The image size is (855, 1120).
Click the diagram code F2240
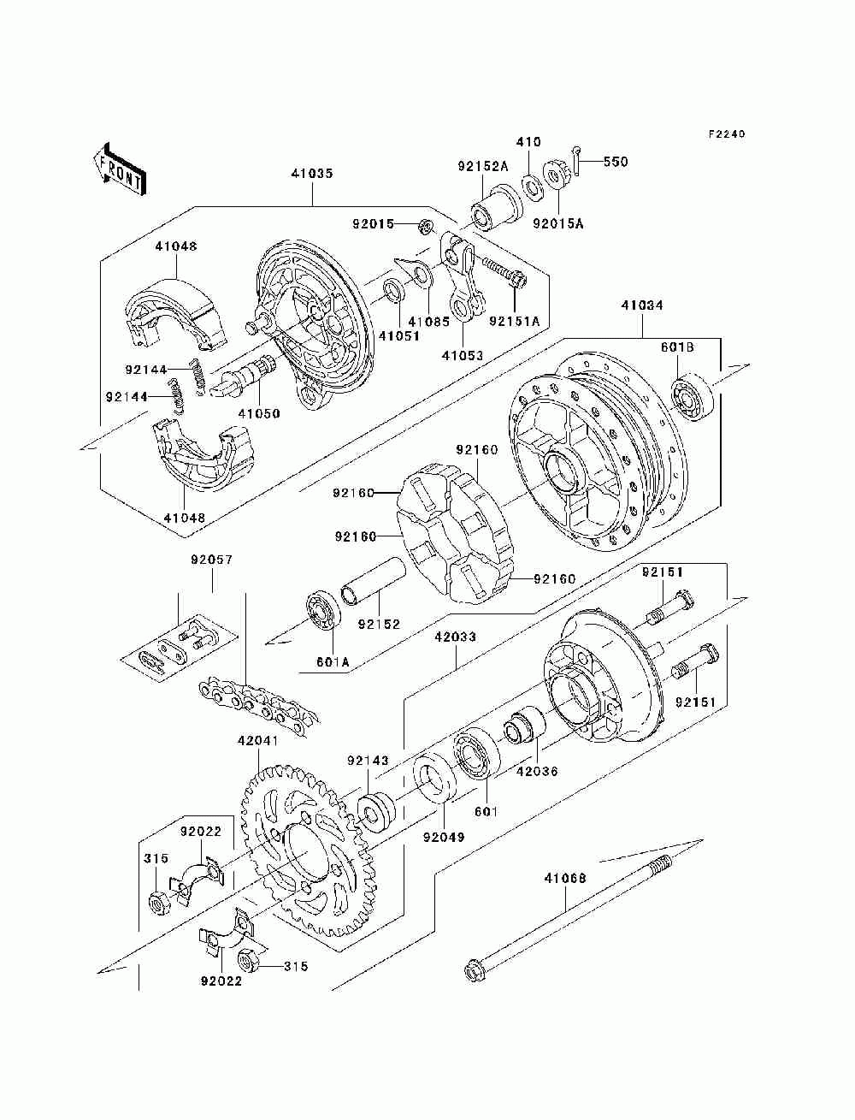[x=727, y=134]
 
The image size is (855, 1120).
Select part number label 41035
[x=311, y=174]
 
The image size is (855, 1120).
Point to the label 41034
[x=641, y=305]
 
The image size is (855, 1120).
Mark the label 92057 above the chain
[x=211, y=561]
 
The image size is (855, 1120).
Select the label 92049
[x=443, y=837]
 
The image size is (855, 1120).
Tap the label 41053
[x=463, y=355]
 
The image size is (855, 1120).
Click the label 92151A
[x=515, y=323]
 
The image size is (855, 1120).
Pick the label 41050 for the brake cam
[x=259, y=413]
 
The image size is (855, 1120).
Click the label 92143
[x=368, y=760]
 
